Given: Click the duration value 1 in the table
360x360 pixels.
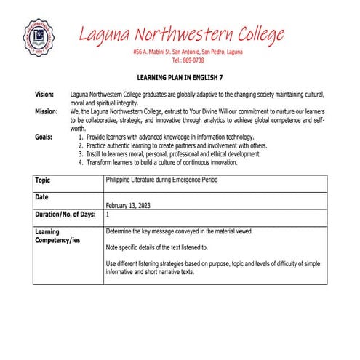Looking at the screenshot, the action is (108, 215).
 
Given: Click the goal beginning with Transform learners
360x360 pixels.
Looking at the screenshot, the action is (167, 163).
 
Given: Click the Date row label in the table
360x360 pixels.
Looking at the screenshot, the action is (42, 197).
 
